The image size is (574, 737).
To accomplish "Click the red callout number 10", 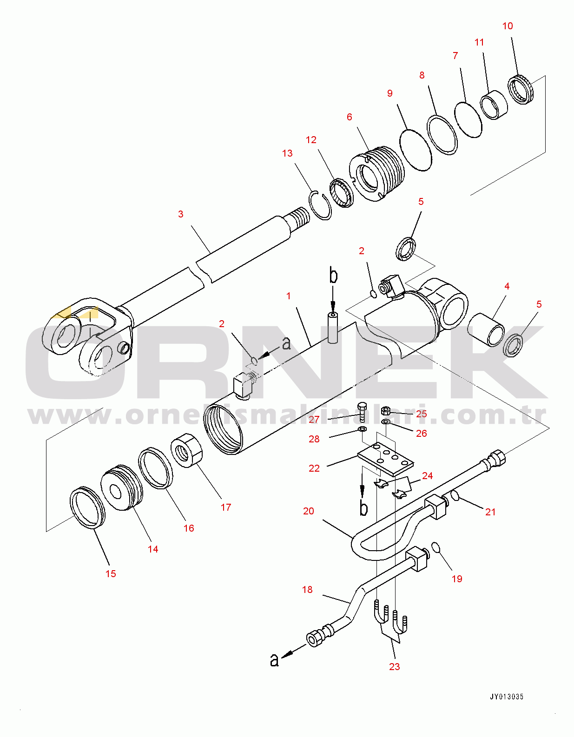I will coord(508,26).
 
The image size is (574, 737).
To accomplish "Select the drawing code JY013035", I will coord(506,697).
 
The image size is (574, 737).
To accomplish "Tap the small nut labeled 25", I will coord(385,411).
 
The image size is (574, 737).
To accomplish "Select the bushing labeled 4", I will coord(486,329).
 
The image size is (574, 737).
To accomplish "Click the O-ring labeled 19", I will coord(435,547).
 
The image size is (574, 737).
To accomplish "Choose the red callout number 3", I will coord(181,214).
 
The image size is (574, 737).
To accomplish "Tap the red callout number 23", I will coord(394,667).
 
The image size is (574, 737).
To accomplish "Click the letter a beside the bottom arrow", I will coord(275,659).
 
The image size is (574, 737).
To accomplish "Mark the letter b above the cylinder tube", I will coord(333,275).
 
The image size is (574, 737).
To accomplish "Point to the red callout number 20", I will coord(309,511).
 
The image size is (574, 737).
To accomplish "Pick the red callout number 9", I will coord(390,93).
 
